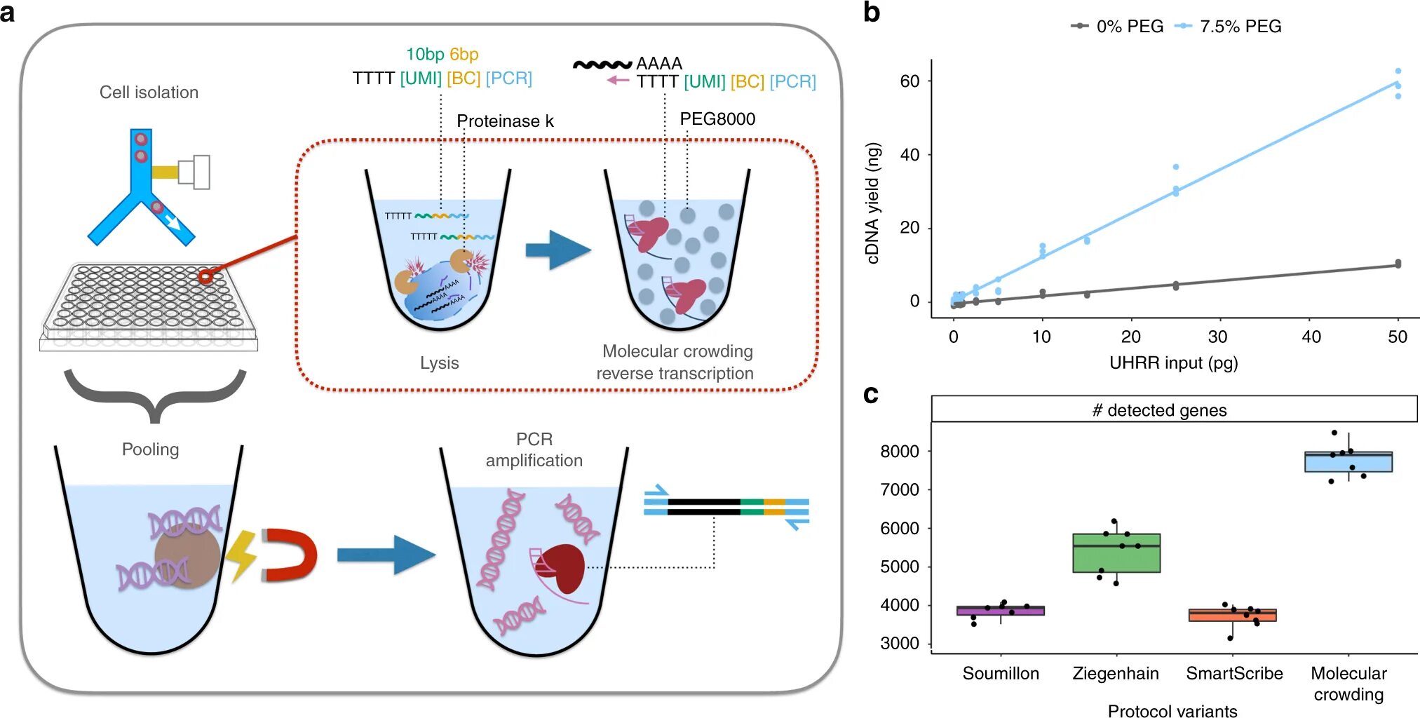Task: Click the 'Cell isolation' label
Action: pyautogui.click(x=149, y=93)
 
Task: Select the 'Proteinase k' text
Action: pyautogui.click(x=505, y=121)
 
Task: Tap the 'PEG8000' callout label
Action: pyautogui.click(x=717, y=119)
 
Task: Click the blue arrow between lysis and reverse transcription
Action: pyautogui.click(x=558, y=250)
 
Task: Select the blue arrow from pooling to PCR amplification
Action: pyautogui.click(x=386, y=555)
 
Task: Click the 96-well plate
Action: pyautogui.click(x=149, y=305)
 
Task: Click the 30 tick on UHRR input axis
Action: pyautogui.click(x=1217, y=337)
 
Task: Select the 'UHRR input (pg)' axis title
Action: pyautogui.click(x=1173, y=363)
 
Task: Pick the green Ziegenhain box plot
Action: pyautogui.click(x=1116, y=553)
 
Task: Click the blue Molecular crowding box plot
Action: pyautogui.click(x=1348, y=463)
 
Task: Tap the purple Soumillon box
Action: pyautogui.click(x=1001, y=611)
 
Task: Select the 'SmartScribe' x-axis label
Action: pyautogui.click(x=1234, y=674)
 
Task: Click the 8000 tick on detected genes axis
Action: pyautogui.click(x=900, y=452)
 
